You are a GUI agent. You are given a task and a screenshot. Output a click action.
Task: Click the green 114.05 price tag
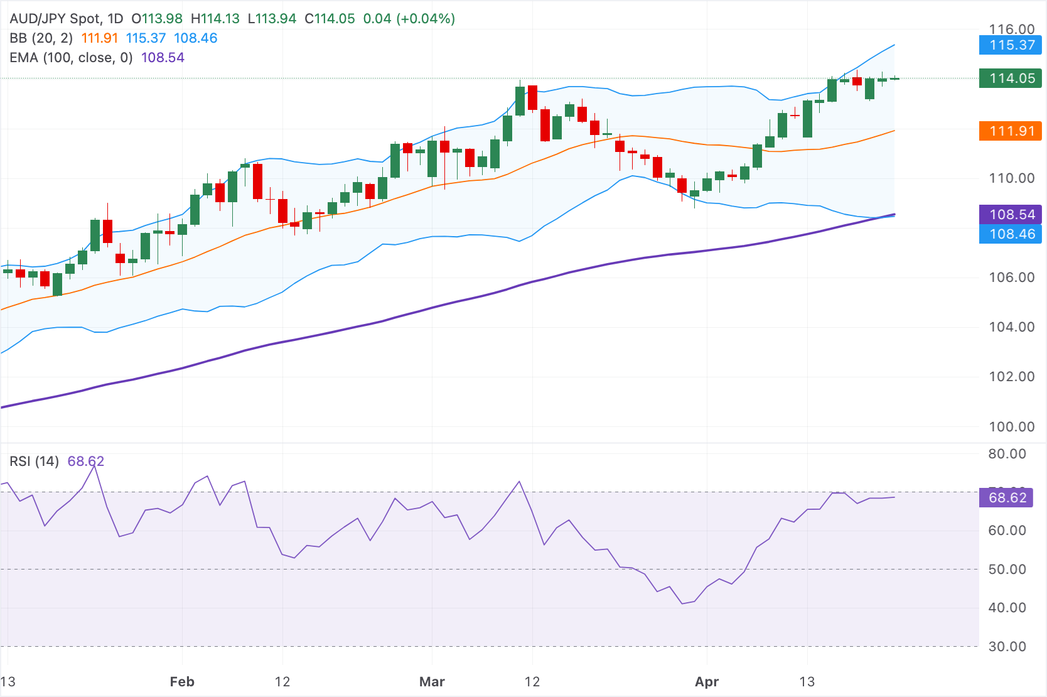1010,78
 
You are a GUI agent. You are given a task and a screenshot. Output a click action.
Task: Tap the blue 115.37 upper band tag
1010,45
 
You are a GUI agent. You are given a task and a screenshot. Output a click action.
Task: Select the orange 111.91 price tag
1010,131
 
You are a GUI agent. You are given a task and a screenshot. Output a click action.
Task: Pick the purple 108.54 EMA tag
1010,215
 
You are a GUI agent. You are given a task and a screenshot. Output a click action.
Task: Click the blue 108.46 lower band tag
1010,234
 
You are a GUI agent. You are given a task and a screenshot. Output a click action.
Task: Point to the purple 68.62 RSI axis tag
1007,498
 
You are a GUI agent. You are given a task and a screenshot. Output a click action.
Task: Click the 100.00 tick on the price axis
1011,427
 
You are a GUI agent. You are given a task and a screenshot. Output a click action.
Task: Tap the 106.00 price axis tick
1011,278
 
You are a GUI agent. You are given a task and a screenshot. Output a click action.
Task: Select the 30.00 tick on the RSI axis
1007,647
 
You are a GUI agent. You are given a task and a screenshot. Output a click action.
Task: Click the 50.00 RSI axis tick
1007,570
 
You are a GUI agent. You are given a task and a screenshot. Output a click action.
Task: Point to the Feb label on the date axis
182,682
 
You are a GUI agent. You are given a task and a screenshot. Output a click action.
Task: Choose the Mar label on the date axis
432,682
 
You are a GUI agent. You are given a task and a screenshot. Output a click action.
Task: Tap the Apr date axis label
707,682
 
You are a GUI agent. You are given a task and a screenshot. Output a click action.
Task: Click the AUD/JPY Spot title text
56,19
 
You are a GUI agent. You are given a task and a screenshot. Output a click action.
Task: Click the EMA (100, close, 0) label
71,58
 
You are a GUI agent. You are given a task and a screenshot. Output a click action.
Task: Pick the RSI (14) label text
34,462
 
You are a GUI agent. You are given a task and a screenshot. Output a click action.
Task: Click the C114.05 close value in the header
330,19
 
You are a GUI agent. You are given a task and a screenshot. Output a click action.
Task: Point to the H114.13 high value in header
215,19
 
